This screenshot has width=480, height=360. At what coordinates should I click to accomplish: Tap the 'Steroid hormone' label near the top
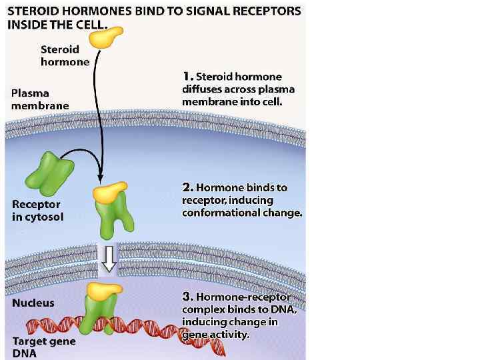[x=65, y=55]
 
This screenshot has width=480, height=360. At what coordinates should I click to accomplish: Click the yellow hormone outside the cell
[x=107, y=38]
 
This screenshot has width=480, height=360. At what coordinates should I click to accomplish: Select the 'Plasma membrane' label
[x=39, y=99]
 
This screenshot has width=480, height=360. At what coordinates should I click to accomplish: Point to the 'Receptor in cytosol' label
[x=37, y=211]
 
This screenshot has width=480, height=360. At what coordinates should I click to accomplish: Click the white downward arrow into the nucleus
[x=108, y=259]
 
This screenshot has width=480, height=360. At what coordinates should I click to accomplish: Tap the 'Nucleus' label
[x=33, y=303]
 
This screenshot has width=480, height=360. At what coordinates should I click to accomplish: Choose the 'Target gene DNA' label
[x=43, y=347]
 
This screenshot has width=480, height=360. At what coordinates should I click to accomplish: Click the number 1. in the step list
[x=187, y=77]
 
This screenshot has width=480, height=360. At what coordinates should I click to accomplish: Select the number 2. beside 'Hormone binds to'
[x=187, y=188]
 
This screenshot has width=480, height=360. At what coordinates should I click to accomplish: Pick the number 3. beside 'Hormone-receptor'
[x=187, y=297]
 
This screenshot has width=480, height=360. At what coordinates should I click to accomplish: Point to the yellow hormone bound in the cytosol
[x=110, y=192]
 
